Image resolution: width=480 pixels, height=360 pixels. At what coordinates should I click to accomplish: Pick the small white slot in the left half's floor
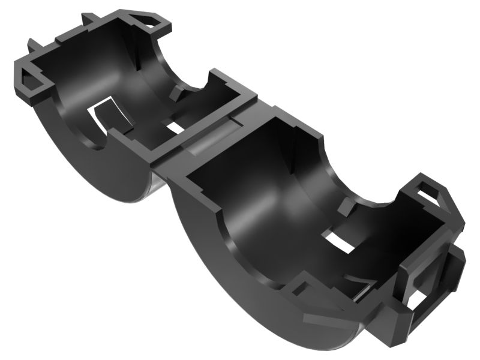click(x=175, y=128)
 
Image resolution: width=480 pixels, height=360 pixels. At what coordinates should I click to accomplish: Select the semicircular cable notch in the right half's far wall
click(x=354, y=180)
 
